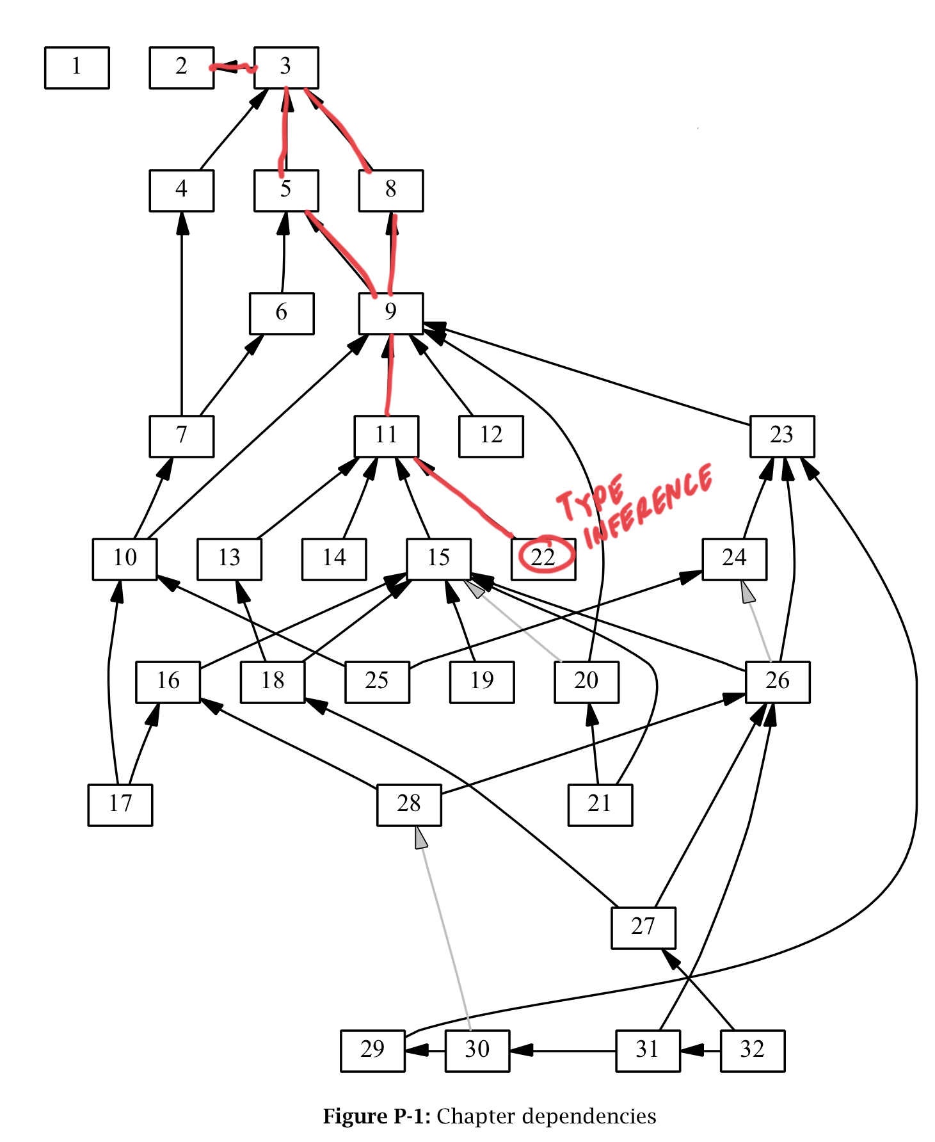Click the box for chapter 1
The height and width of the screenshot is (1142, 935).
click(77, 67)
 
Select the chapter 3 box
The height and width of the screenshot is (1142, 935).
click(286, 67)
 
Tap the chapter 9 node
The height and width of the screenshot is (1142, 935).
click(390, 313)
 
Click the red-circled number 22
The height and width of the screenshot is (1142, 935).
click(544, 556)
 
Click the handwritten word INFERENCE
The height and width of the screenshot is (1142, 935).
click(648, 506)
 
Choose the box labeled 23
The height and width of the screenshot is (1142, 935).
click(782, 436)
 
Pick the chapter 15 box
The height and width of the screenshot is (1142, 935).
click(439, 559)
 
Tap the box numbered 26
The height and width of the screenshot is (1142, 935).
click(778, 682)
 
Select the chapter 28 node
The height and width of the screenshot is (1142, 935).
click(409, 805)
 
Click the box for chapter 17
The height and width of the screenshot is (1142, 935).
click(120, 805)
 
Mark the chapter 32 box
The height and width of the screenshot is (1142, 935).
click(752, 1050)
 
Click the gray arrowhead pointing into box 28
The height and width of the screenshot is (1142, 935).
click(420, 837)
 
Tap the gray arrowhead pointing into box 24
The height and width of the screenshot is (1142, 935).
click(747, 591)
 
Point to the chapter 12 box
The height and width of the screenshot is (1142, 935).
click(491, 436)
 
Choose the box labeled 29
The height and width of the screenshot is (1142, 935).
click(372, 1050)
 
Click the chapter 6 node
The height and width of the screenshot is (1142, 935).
click(282, 313)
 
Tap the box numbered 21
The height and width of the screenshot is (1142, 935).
click(600, 805)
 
